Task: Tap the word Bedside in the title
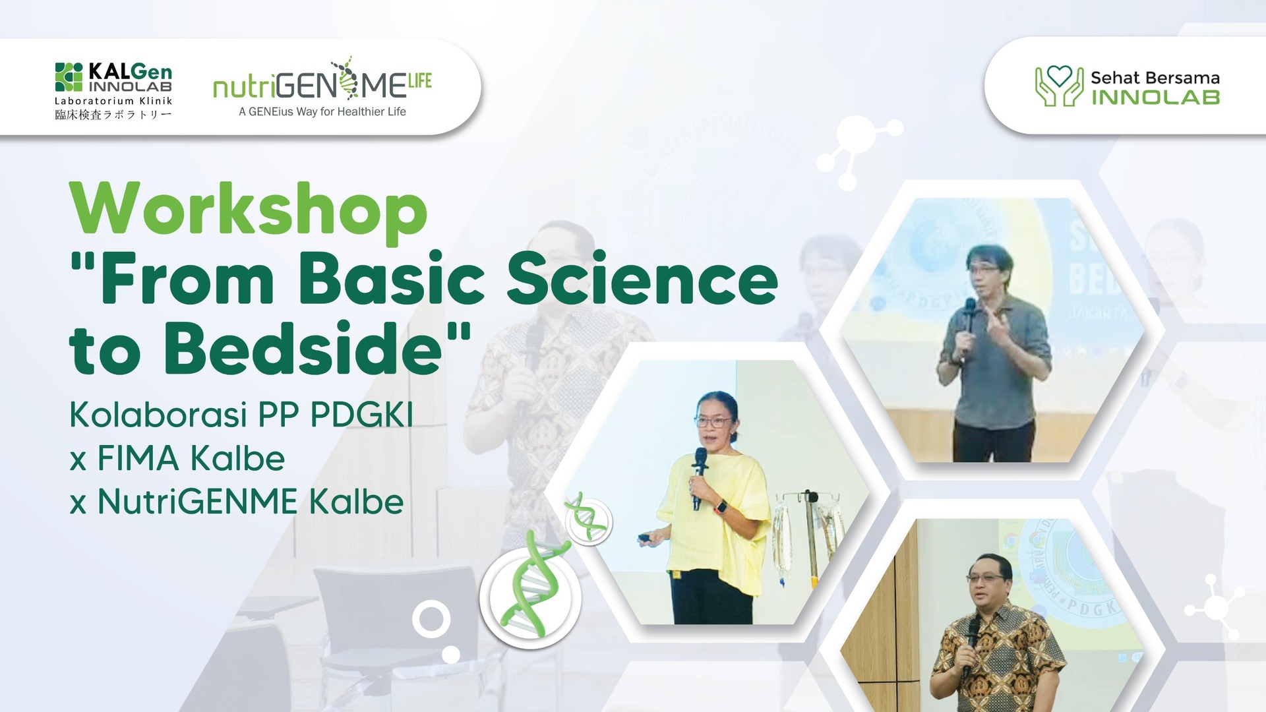[303, 349]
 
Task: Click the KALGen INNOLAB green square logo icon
[69, 77]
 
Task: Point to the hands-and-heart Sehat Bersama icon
[1058, 86]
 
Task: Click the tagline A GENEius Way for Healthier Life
[322, 112]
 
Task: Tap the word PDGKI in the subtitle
[361, 415]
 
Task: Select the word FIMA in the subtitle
[138, 459]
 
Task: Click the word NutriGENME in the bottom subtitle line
[198, 502]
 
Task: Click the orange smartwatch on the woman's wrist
[721, 507]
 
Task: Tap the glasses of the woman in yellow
[713, 421]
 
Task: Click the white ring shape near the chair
[431, 620]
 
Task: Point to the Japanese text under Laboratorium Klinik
[113, 115]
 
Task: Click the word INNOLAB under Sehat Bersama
[1155, 98]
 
